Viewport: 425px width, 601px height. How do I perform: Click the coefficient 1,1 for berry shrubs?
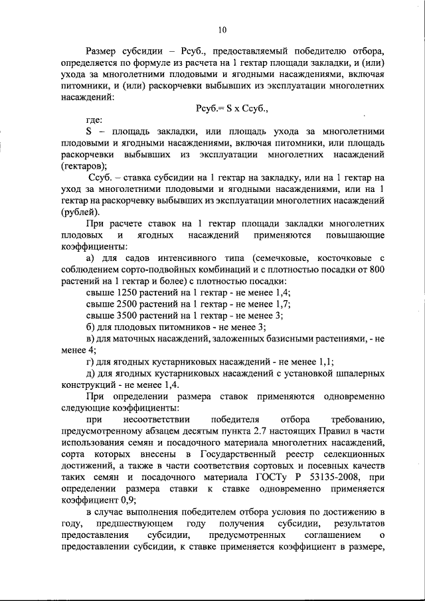tap(323, 362)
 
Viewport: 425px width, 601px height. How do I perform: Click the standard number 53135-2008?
tap(340, 477)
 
